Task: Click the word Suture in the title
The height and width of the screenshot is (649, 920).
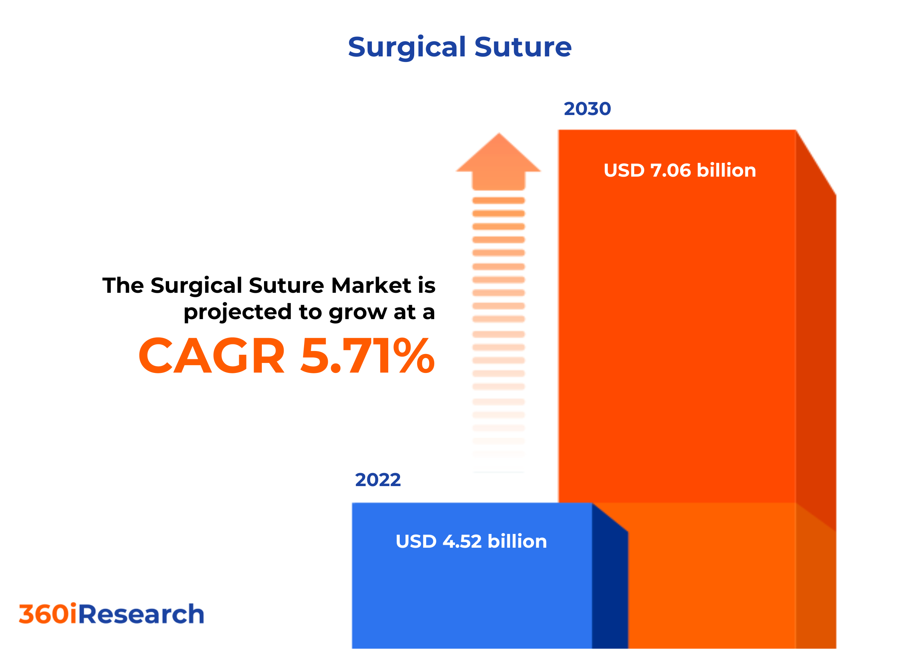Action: [x=523, y=47]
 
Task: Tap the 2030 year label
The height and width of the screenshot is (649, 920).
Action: [x=587, y=109]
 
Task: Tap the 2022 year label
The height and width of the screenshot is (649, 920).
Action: [x=377, y=480]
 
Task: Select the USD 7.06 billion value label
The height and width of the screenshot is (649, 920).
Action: [x=680, y=170]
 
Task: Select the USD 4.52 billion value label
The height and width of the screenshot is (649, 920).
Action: [x=471, y=541]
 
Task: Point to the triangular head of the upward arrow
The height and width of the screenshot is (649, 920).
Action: [x=498, y=156]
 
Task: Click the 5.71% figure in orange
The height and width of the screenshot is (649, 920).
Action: [x=367, y=356]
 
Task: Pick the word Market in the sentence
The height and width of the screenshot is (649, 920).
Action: [x=371, y=285]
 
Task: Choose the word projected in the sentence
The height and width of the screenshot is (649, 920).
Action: [x=238, y=313]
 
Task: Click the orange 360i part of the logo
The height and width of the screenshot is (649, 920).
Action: [x=48, y=614]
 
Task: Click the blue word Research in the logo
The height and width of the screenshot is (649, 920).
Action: [x=141, y=614]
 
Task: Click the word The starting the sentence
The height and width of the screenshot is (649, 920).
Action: [x=123, y=285]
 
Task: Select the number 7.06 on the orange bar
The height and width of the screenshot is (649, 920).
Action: [x=671, y=170]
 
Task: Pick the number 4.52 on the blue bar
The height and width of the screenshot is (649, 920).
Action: [x=462, y=541]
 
